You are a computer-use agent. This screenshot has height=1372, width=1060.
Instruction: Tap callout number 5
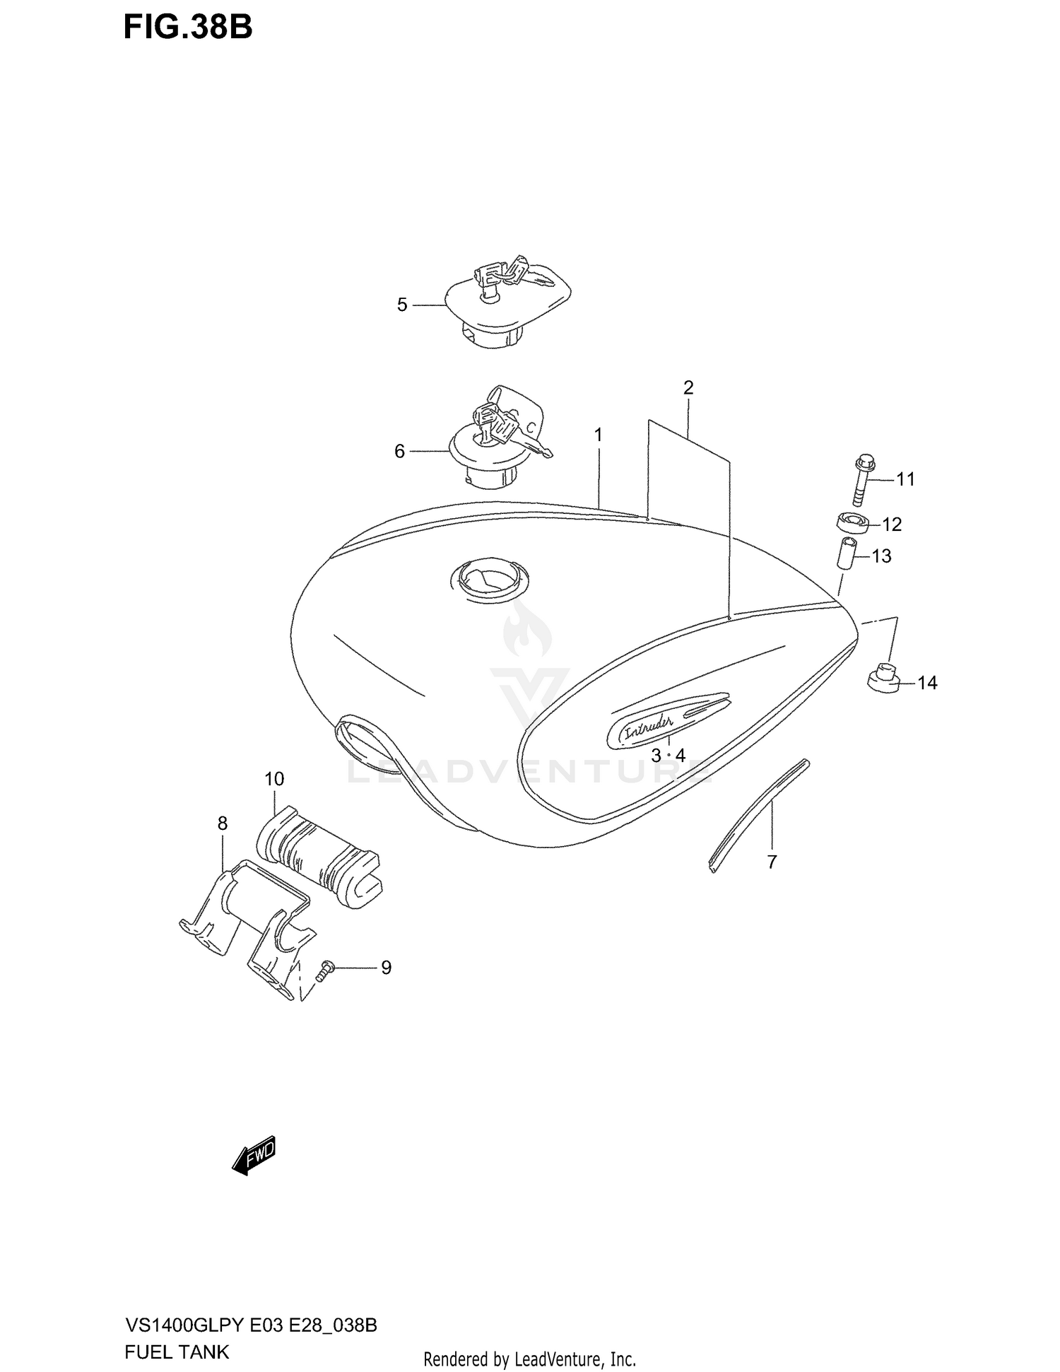[x=402, y=305]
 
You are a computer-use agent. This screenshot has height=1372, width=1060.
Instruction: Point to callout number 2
[x=688, y=387]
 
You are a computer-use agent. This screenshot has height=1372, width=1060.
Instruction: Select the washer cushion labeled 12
[x=852, y=524]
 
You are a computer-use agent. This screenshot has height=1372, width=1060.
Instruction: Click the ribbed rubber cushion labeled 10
[x=318, y=857]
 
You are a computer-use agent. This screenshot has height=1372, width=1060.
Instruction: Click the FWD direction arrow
[x=254, y=1156]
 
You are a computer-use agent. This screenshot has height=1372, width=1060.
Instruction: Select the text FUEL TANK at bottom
[x=177, y=1352]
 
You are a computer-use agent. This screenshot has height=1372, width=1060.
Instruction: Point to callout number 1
[x=599, y=435]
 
